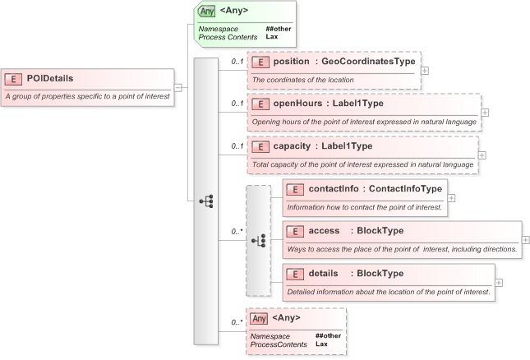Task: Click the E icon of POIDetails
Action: pos(13,79)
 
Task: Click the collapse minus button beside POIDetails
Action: pos(177,86)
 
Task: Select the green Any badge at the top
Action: pos(206,12)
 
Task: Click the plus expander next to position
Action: pos(424,70)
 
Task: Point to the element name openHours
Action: pos(296,104)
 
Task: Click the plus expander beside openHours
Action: pos(485,113)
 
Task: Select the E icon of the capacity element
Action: pos(260,147)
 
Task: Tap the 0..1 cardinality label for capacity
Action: pos(237,146)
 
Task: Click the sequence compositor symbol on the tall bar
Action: pos(206,201)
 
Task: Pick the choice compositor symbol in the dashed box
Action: pos(258,240)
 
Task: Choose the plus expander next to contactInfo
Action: pos(451,198)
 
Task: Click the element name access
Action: pos(325,231)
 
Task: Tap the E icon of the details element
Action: pos(295,274)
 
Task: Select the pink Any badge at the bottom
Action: pos(259,318)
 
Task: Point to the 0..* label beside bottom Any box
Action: pos(237,322)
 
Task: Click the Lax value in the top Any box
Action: pos(271,37)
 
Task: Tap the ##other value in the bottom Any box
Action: pos(327,335)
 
